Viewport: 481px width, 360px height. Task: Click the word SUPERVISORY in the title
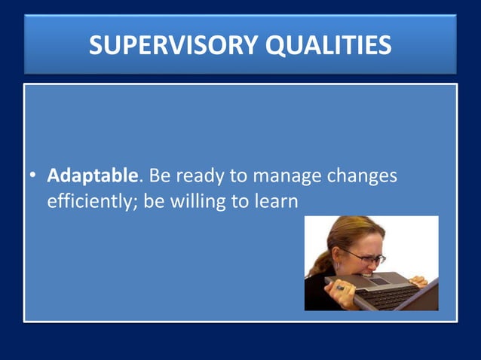coord(171,45)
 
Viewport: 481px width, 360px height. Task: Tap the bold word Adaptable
coord(93,176)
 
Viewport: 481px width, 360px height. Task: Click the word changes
coord(361,177)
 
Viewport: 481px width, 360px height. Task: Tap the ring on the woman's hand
coord(339,287)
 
